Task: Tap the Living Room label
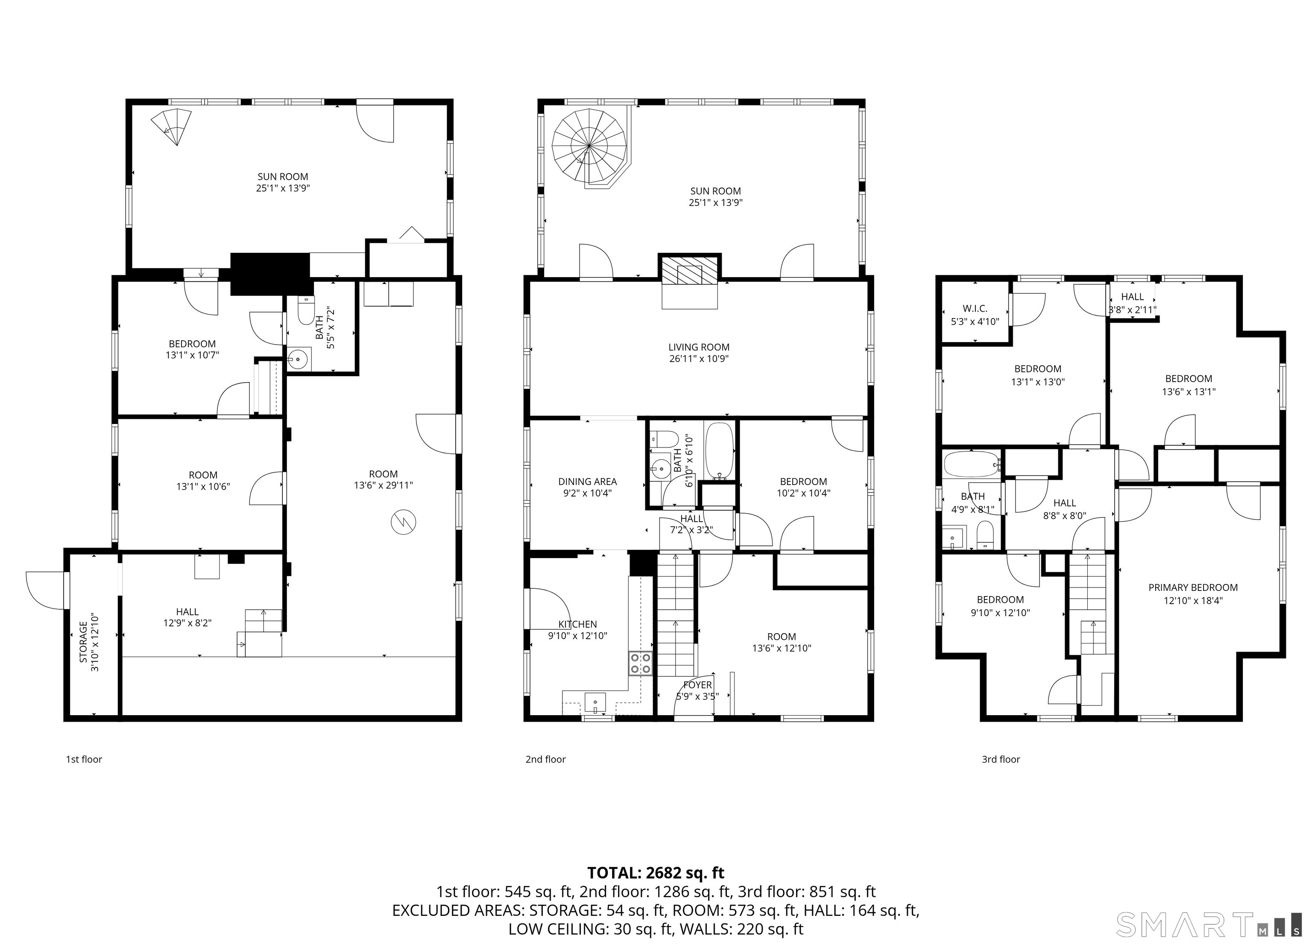(x=699, y=353)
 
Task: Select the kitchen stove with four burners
(x=640, y=663)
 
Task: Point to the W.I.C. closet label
(x=975, y=315)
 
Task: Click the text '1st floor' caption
(x=84, y=759)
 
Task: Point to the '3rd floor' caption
(x=1001, y=759)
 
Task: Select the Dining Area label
(x=588, y=487)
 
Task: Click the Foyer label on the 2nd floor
(x=698, y=690)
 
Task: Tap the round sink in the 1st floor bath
(x=299, y=359)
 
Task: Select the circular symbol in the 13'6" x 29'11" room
(x=404, y=522)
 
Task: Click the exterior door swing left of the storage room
(x=45, y=590)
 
